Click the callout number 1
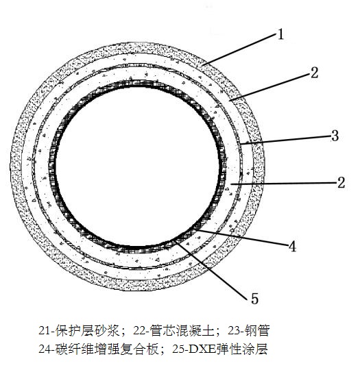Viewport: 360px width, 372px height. tap(280, 34)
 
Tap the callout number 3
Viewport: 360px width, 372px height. tap(335, 136)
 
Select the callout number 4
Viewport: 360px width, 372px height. tap(293, 247)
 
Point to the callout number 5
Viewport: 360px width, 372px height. tap(255, 299)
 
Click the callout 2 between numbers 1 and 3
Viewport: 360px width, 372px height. tap(314, 73)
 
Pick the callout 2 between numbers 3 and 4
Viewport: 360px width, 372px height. tap(341, 183)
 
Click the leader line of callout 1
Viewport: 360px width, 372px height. tap(240, 49)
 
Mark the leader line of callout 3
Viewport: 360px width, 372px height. tap(286, 140)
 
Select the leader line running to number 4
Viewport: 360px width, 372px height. tap(241, 237)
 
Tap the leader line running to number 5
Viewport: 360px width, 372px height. tap(213, 269)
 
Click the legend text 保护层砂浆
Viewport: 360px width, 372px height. tap(87, 330)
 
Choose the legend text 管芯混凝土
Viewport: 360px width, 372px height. tap(182, 330)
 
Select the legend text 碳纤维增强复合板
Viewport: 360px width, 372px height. tap(107, 349)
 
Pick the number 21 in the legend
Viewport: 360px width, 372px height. tap(45, 331)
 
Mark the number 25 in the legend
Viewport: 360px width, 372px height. tap(178, 349)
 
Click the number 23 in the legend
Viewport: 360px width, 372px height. tap(234, 331)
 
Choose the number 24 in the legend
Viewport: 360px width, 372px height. tap(45, 349)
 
